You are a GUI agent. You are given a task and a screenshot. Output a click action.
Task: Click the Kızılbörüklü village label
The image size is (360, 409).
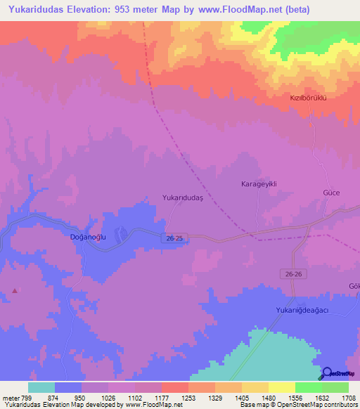[x=309, y=98]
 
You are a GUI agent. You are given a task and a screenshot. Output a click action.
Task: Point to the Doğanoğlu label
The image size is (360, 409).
[x=88, y=238]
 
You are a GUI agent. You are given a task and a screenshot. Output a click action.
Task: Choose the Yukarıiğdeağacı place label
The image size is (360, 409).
[x=307, y=310]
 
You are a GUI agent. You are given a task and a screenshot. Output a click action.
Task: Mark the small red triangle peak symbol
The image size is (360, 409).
[x=15, y=290]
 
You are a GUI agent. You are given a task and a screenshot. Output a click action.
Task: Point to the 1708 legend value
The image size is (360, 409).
[x=349, y=397]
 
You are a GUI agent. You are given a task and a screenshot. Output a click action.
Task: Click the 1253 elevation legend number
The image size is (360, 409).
[x=188, y=397]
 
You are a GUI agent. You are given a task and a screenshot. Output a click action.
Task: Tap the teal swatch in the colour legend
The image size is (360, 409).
[x=41, y=387]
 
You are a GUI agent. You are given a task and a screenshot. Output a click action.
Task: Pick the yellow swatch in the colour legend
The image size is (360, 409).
[x=281, y=387]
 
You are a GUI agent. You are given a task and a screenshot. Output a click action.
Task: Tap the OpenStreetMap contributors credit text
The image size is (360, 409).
[x=309, y=405]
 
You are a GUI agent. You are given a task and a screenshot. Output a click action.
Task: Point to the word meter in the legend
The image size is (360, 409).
[x=11, y=397]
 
